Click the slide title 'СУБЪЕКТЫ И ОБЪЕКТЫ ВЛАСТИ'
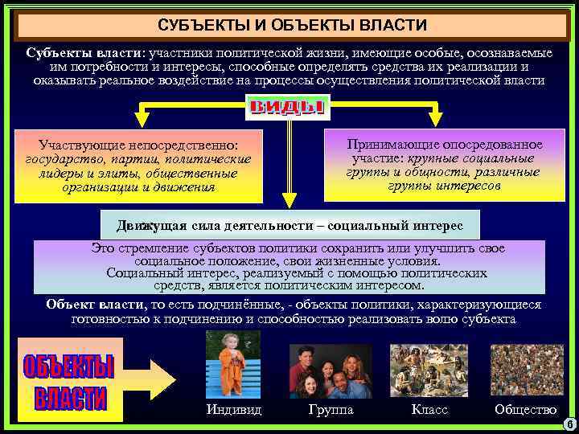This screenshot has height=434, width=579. point(292,27)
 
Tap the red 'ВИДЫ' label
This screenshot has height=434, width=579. point(287,108)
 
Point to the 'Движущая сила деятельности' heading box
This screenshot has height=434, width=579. point(289,224)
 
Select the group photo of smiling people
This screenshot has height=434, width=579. point(331,371)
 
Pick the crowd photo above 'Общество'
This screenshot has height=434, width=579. point(527,370)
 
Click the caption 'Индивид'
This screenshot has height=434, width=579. point(233,410)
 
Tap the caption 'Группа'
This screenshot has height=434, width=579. point(331,410)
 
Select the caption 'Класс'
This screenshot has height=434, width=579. point(429,410)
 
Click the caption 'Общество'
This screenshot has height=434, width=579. point(526,410)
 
